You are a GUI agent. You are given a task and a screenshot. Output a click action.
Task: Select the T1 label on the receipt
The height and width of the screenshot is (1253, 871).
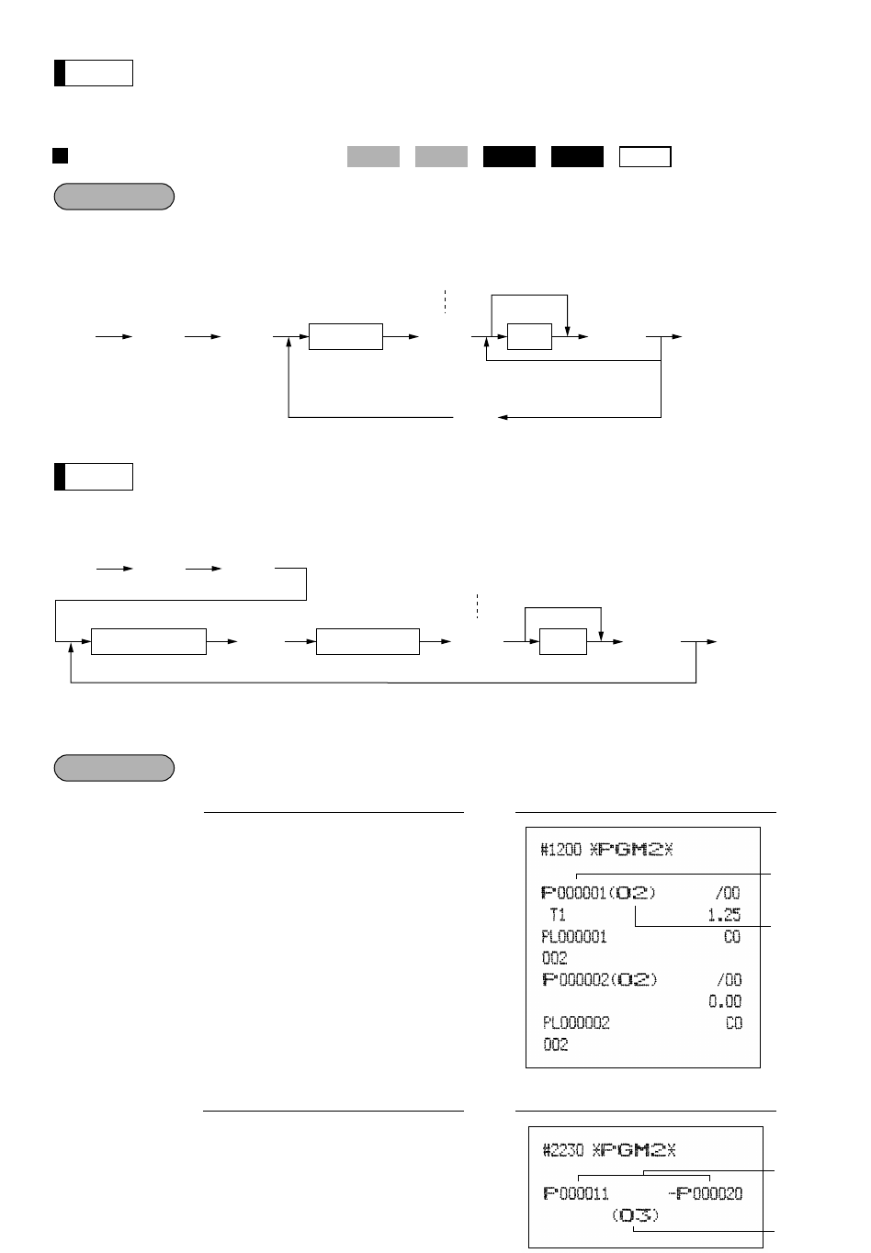click(558, 915)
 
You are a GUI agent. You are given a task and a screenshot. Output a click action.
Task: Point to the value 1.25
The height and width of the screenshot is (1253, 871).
click(724, 915)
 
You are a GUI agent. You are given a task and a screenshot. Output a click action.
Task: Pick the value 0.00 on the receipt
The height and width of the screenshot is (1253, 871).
click(724, 1001)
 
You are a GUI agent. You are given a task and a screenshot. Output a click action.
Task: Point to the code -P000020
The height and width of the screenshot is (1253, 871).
click(709, 1193)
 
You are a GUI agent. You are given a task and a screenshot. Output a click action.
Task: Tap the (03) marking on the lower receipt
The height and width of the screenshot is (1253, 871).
click(635, 1215)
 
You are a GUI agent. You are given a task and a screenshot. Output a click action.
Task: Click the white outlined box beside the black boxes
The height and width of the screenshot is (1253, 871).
click(645, 156)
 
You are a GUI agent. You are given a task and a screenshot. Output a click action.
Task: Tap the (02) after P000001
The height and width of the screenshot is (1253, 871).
click(635, 893)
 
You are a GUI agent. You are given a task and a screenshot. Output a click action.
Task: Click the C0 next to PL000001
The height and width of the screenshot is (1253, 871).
click(733, 937)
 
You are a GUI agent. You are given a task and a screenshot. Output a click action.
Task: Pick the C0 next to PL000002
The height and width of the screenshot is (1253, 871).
click(733, 1022)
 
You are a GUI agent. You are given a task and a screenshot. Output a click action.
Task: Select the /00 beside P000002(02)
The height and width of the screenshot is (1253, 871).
click(728, 979)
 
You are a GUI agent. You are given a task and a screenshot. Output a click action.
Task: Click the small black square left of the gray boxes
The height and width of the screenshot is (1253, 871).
click(60, 155)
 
